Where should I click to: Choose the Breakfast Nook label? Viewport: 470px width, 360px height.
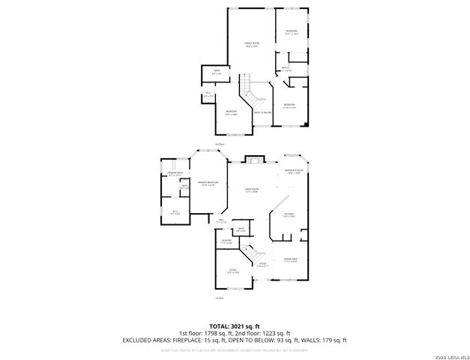(x=293, y=172)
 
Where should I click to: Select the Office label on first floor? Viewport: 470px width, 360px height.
(x=232, y=271)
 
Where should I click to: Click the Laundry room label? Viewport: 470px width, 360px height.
(x=226, y=241)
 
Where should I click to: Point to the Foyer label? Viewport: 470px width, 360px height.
(x=262, y=265)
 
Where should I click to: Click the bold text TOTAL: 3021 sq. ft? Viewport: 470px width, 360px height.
(x=235, y=326)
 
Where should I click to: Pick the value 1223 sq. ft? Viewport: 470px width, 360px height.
(x=273, y=332)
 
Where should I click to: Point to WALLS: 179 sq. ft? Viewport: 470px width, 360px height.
(x=323, y=339)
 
